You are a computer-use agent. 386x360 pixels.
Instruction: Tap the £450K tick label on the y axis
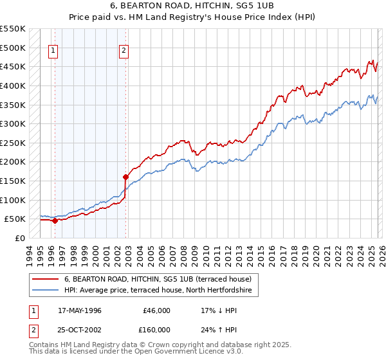[x=13, y=66]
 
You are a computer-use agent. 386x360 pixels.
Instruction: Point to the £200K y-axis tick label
[x=13, y=161]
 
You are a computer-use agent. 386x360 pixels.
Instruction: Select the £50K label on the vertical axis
[x=15, y=219]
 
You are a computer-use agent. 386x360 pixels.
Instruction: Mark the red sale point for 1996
[x=55, y=221]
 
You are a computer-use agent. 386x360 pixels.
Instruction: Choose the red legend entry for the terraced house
[x=161, y=279]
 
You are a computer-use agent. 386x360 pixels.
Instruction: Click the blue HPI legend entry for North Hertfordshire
[x=161, y=291]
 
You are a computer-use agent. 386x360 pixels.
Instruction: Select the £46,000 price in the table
[x=156, y=310]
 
